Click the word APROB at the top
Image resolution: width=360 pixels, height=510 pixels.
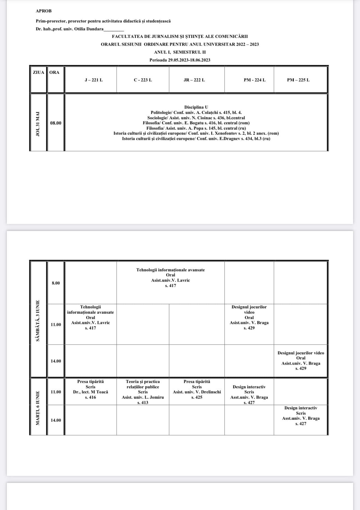44,11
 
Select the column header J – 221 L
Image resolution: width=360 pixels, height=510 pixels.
94,80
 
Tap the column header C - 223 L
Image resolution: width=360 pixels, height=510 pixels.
143,80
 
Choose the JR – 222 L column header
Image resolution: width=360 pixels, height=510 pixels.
194,80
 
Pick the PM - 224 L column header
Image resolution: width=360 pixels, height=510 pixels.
254,80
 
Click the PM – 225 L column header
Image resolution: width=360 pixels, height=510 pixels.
298,80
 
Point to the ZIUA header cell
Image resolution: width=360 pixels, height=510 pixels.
38,72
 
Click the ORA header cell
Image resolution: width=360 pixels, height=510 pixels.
54,72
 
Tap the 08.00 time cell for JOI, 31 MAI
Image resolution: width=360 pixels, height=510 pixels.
56,123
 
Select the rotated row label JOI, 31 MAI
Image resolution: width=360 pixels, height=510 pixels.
38,124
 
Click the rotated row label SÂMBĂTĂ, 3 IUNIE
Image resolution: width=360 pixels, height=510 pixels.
38,321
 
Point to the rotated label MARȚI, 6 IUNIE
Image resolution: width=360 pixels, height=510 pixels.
38,408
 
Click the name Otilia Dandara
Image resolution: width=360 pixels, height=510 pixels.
89,29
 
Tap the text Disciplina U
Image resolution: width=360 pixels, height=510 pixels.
196,107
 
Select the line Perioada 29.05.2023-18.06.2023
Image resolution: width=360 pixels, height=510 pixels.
180,60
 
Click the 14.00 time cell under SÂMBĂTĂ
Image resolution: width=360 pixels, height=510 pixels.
56,361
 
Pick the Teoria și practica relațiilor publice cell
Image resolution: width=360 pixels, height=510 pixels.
143,392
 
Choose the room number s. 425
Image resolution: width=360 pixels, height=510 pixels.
197,397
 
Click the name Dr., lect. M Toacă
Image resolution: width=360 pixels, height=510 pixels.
90,392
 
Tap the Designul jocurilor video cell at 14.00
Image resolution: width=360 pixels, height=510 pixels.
301,360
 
